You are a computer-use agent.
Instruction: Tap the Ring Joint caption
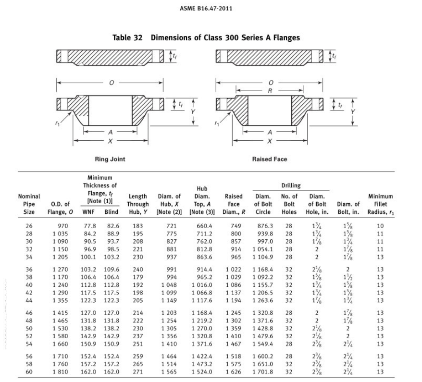pos(111,159)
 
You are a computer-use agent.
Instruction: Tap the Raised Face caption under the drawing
pos(269,159)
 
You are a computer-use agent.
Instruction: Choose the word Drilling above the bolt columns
pos(291,185)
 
